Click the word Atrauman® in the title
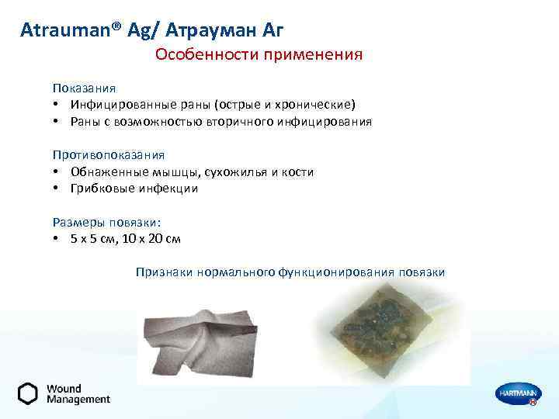click(x=63, y=31)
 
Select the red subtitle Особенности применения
click(x=259, y=55)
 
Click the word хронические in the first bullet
click(x=319, y=105)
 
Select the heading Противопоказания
click(x=108, y=155)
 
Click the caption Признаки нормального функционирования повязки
click(x=290, y=272)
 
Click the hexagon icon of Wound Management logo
click(x=28, y=393)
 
